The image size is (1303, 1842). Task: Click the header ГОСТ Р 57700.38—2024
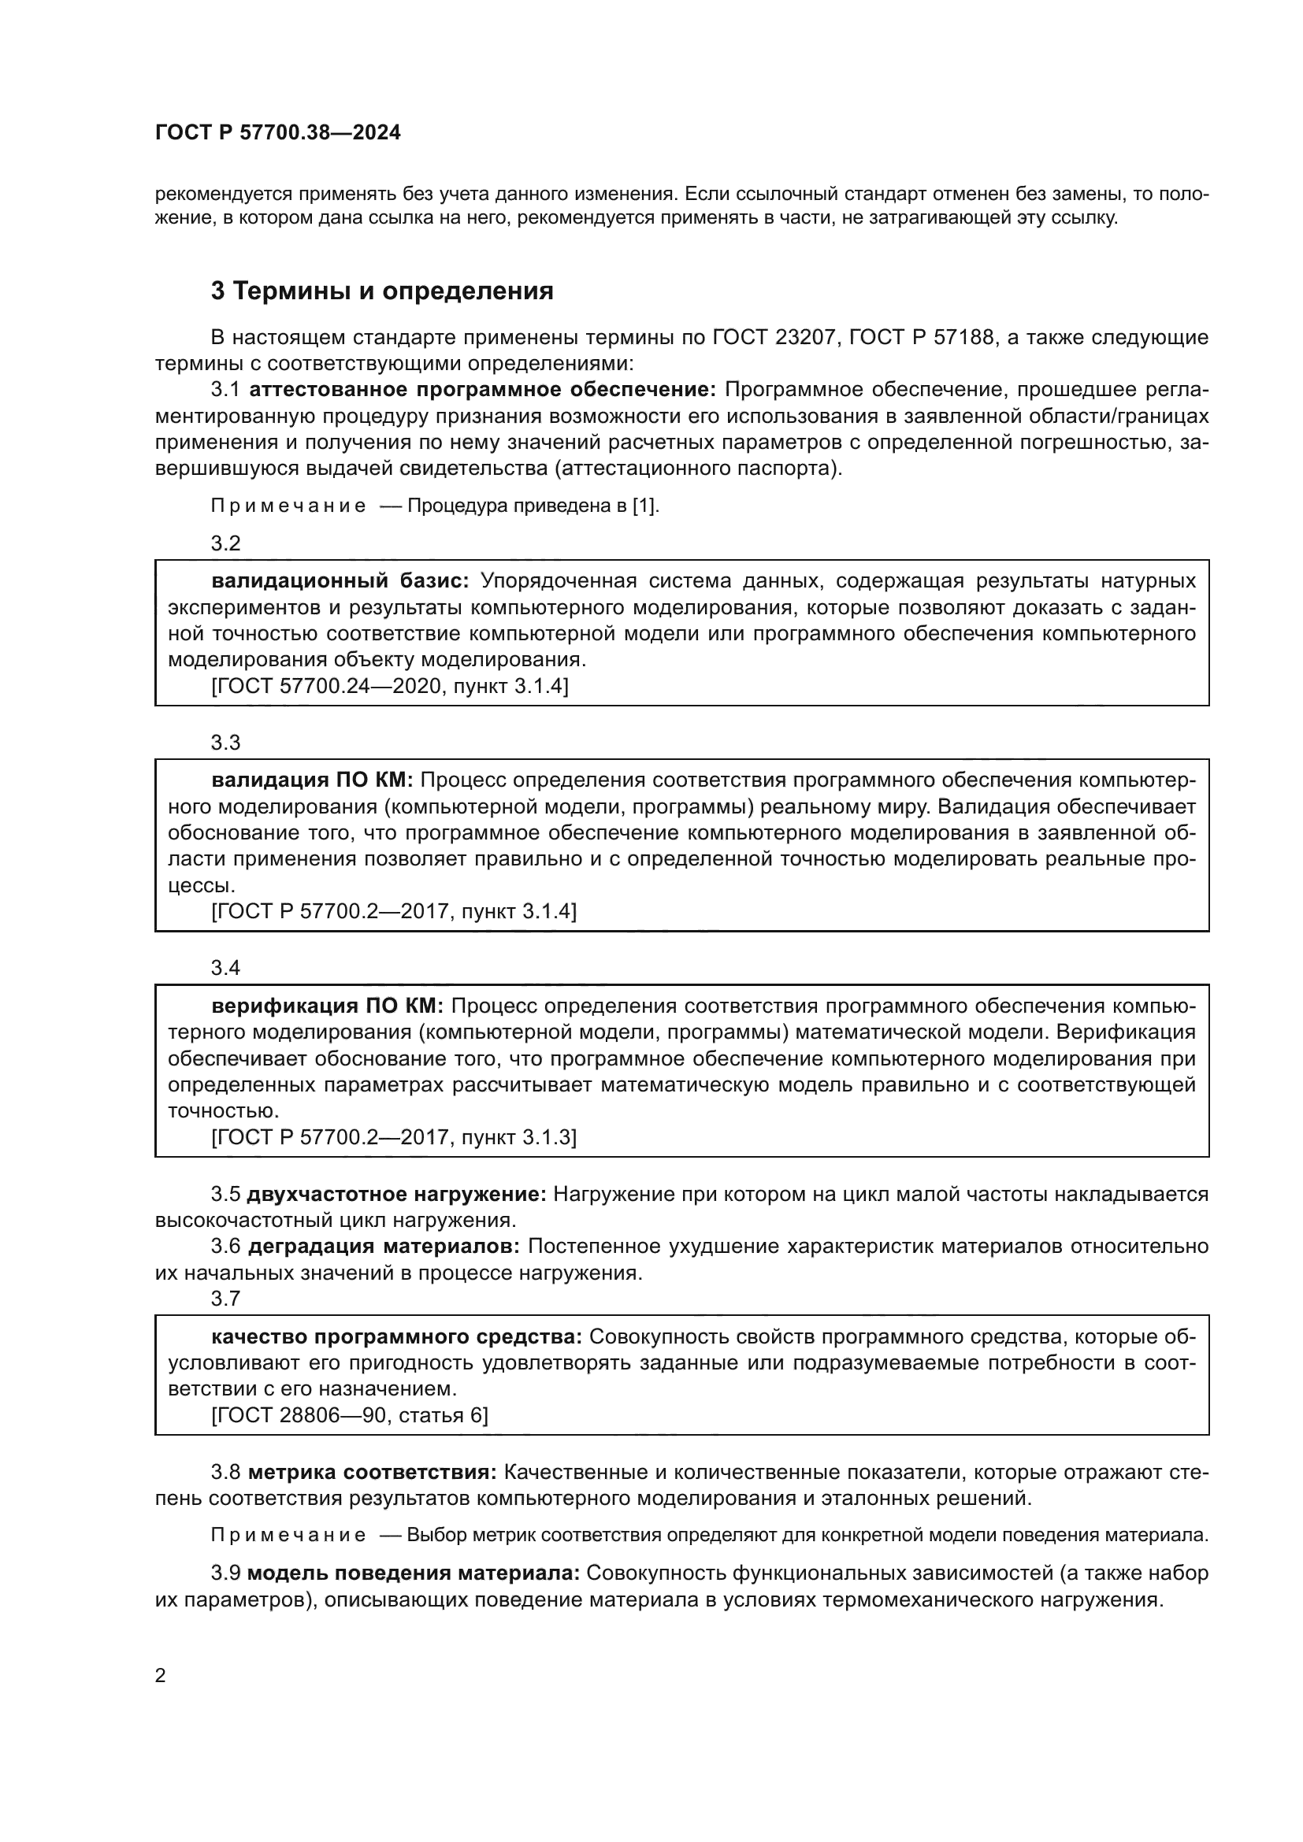(277, 133)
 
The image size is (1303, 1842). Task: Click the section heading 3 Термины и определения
(382, 291)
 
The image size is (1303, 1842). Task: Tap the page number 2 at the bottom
(161, 1675)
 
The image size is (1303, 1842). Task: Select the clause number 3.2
(225, 543)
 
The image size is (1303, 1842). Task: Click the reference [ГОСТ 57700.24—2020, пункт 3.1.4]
(390, 686)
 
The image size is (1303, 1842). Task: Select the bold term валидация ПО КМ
(312, 780)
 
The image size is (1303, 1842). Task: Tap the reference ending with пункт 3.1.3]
(393, 1137)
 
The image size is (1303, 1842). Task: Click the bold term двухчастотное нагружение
(396, 1195)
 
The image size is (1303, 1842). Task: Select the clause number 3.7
(225, 1298)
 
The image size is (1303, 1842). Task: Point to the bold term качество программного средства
(397, 1336)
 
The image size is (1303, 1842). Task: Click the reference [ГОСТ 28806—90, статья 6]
(350, 1416)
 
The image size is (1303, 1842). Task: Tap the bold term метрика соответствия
(373, 1472)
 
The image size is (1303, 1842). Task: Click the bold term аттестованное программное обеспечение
(483, 390)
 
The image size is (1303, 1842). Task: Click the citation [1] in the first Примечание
(644, 506)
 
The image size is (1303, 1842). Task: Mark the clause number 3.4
(225, 968)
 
